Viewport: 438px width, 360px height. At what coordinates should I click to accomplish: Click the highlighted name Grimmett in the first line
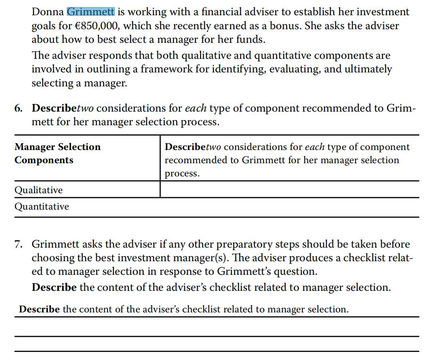[91, 12]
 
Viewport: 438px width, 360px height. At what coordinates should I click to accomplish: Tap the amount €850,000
[102, 26]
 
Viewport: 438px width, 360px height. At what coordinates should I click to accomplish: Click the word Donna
[48, 12]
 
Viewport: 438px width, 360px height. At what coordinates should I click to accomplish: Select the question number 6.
[18, 108]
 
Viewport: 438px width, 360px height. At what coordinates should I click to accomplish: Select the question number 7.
[18, 244]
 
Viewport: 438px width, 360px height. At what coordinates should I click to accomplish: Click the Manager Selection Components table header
[58, 153]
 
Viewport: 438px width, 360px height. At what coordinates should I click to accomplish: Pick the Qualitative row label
[38, 190]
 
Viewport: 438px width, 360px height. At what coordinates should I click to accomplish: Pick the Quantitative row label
[42, 207]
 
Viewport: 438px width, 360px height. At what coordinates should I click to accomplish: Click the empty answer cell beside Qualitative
[289, 190]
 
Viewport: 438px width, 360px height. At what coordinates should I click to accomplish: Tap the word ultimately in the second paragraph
[367, 69]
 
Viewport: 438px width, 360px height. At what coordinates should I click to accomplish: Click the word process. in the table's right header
[182, 174]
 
